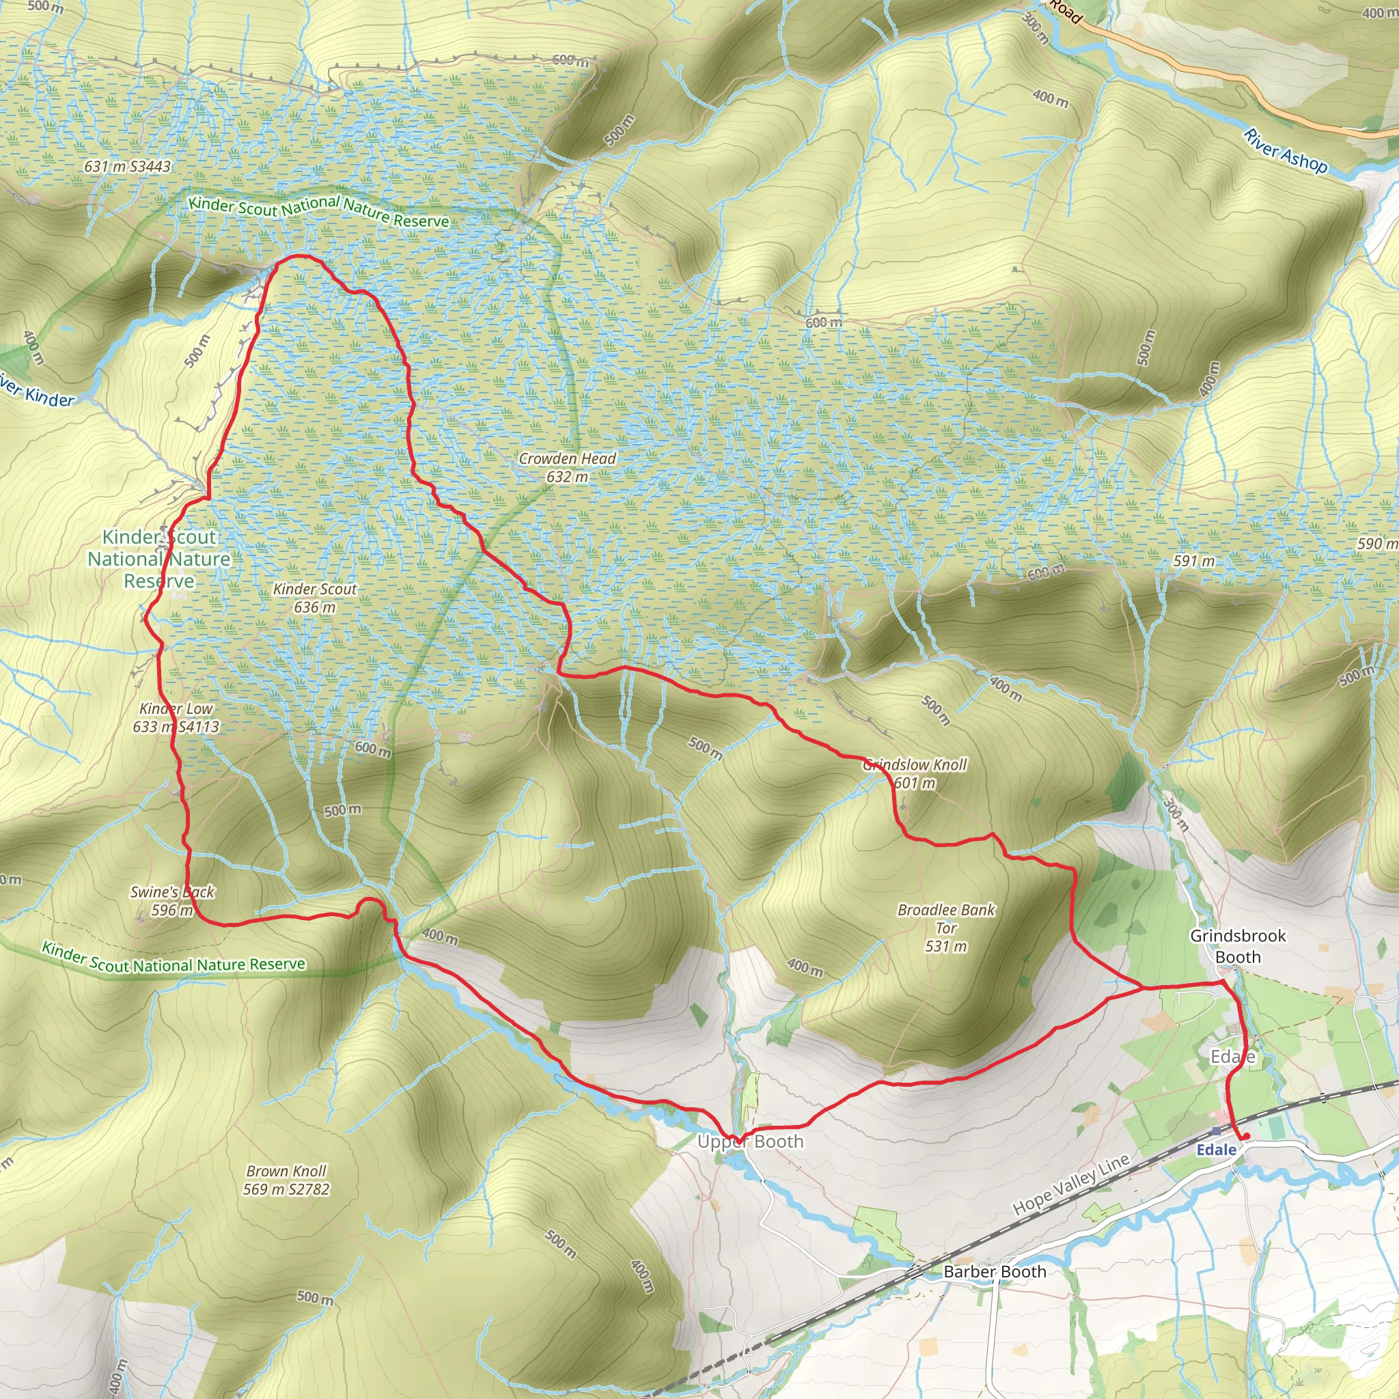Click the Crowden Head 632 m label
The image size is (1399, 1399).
(x=567, y=467)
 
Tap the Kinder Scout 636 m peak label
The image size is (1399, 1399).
(x=314, y=598)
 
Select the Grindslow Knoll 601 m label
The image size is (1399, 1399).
(x=915, y=773)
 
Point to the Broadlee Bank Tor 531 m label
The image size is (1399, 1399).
(x=945, y=928)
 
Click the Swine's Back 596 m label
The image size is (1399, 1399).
(x=171, y=901)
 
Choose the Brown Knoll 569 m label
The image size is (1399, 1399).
(x=286, y=1180)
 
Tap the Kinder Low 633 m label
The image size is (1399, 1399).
(x=176, y=717)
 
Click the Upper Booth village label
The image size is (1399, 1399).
(x=750, y=1142)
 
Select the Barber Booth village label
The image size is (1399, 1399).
(x=994, y=1271)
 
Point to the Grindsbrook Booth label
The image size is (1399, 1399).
(x=1238, y=946)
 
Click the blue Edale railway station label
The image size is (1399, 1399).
(x=1217, y=1150)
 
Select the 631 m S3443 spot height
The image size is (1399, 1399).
(x=128, y=167)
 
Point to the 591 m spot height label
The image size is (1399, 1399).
(x=1194, y=562)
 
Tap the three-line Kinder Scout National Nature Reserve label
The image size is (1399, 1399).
(x=159, y=558)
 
